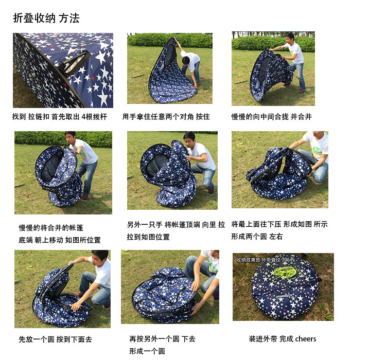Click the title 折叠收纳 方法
tap(46, 18)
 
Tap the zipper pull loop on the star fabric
tap(74, 63)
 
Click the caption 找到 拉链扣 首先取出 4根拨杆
tap(60, 116)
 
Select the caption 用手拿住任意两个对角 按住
tap(166, 116)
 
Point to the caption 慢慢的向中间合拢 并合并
tap(272, 116)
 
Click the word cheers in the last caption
tap(306, 339)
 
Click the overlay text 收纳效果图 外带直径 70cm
tap(265, 260)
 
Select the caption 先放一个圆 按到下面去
tap(55, 339)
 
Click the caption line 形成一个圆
tap(147, 351)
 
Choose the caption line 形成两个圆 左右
tap(257, 237)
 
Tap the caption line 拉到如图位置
tap(148, 237)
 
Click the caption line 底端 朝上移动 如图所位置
tap(60, 240)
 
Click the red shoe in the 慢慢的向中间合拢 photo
tap(302, 92)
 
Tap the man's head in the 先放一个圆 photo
tap(100, 257)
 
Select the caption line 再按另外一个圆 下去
tap(162, 339)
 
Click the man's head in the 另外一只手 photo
tap(189, 139)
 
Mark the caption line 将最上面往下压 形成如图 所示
tap(279, 224)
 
